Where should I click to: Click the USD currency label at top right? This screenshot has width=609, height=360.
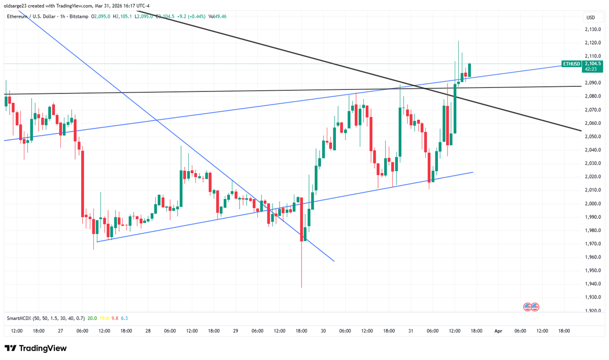tap(590, 17)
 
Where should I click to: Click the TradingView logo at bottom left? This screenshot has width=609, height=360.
tap(36, 349)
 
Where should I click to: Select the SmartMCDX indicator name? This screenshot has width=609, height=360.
tap(19, 318)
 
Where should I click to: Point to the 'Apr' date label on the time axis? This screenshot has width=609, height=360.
tap(498, 331)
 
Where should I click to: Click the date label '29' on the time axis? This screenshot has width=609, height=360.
tap(235, 331)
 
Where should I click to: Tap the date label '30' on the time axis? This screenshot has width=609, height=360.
tap(323, 331)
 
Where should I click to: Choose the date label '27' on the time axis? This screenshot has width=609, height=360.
tap(60, 331)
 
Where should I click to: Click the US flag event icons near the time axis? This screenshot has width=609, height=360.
tap(531, 307)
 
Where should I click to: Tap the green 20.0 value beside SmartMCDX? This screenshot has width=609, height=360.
tap(92, 318)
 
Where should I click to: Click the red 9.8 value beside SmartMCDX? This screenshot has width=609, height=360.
tap(115, 318)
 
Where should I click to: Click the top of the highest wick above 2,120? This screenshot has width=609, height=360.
tap(459, 41)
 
